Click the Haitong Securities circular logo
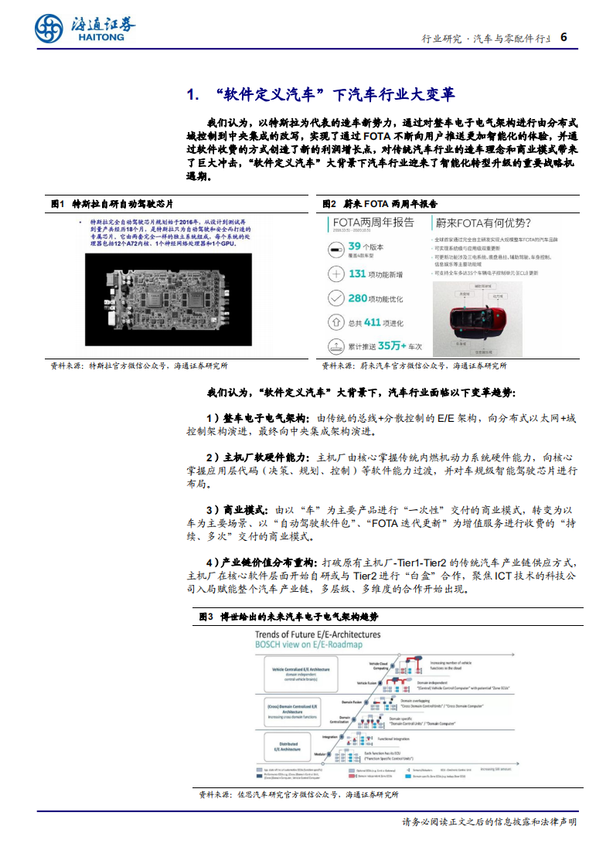(x=49, y=29)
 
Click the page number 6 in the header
(x=564, y=36)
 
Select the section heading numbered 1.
(x=321, y=95)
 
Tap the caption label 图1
(x=56, y=204)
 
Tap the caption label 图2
(x=329, y=204)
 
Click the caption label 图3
(x=206, y=617)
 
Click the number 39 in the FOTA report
(x=356, y=247)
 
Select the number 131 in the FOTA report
(x=357, y=274)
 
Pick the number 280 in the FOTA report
(x=357, y=297)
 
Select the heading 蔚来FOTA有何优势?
(x=482, y=223)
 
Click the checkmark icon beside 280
(x=335, y=297)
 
